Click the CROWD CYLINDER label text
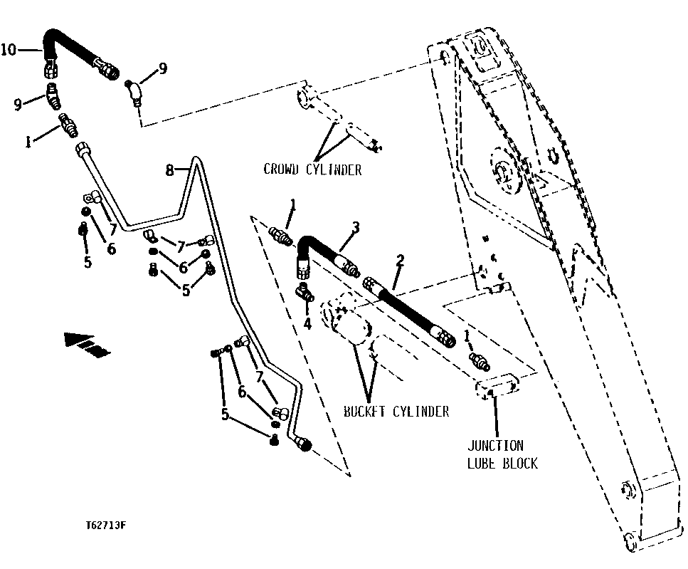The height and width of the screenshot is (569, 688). coord(312,169)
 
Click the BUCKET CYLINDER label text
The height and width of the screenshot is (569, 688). coord(396,411)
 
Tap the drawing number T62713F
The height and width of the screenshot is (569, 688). coord(106,526)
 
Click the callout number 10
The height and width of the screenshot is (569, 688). coord(8,49)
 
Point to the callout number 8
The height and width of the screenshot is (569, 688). coord(169,169)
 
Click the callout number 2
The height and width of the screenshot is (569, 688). coord(400,261)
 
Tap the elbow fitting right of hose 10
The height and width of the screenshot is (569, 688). coord(134,90)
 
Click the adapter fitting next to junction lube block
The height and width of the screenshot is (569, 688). coord(480,362)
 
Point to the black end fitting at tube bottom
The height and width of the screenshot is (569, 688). coord(305,444)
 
